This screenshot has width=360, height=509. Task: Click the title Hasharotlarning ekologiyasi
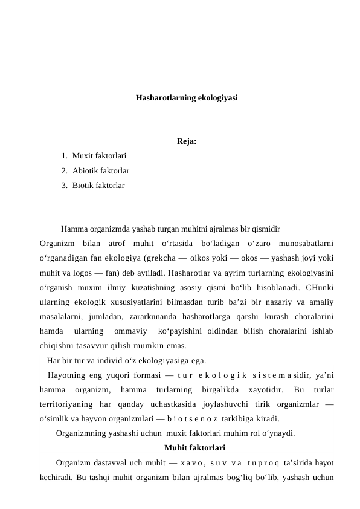[186, 97]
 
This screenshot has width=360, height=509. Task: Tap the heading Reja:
[186, 143]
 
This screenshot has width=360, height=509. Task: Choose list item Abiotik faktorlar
[100, 171]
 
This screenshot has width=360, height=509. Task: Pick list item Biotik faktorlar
[98, 185]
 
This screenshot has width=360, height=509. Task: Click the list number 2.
[63, 171]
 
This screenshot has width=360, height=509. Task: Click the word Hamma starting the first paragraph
[73, 230]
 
